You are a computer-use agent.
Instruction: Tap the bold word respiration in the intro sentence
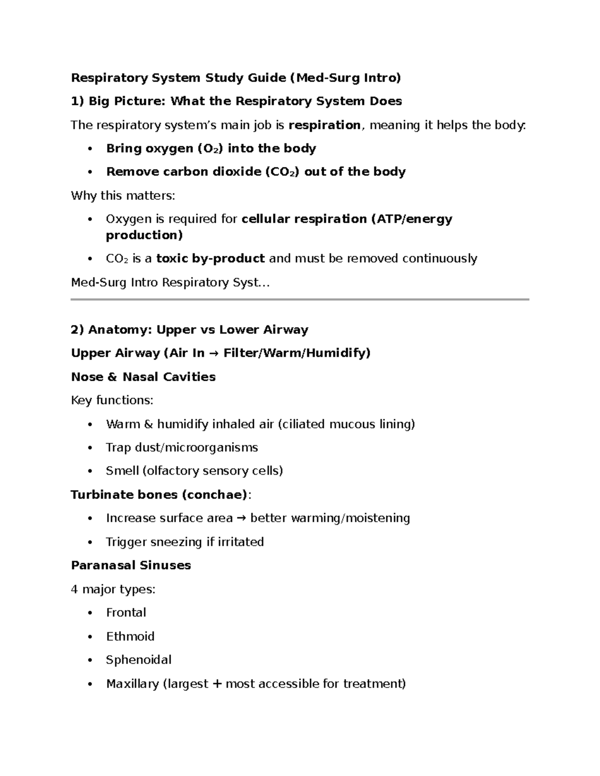(x=324, y=125)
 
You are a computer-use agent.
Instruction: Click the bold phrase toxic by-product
(x=210, y=259)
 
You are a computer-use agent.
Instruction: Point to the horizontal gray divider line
(x=300, y=299)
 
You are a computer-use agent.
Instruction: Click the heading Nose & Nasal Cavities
(x=143, y=377)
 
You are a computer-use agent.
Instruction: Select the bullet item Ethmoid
(x=130, y=637)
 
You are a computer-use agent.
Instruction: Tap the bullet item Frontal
(x=126, y=613)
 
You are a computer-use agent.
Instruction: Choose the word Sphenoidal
(x=138, y=660)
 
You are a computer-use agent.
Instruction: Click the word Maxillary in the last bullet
(x=132, y=684)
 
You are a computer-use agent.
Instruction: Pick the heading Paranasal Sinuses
(x=131, y=566)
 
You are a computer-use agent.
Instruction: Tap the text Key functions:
(x=112, y=400)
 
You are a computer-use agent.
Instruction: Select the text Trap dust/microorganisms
(x=182, y=448)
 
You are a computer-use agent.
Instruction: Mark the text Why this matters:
(x=123, y=196)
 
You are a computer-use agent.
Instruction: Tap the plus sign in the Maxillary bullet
(x=216, y=684)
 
